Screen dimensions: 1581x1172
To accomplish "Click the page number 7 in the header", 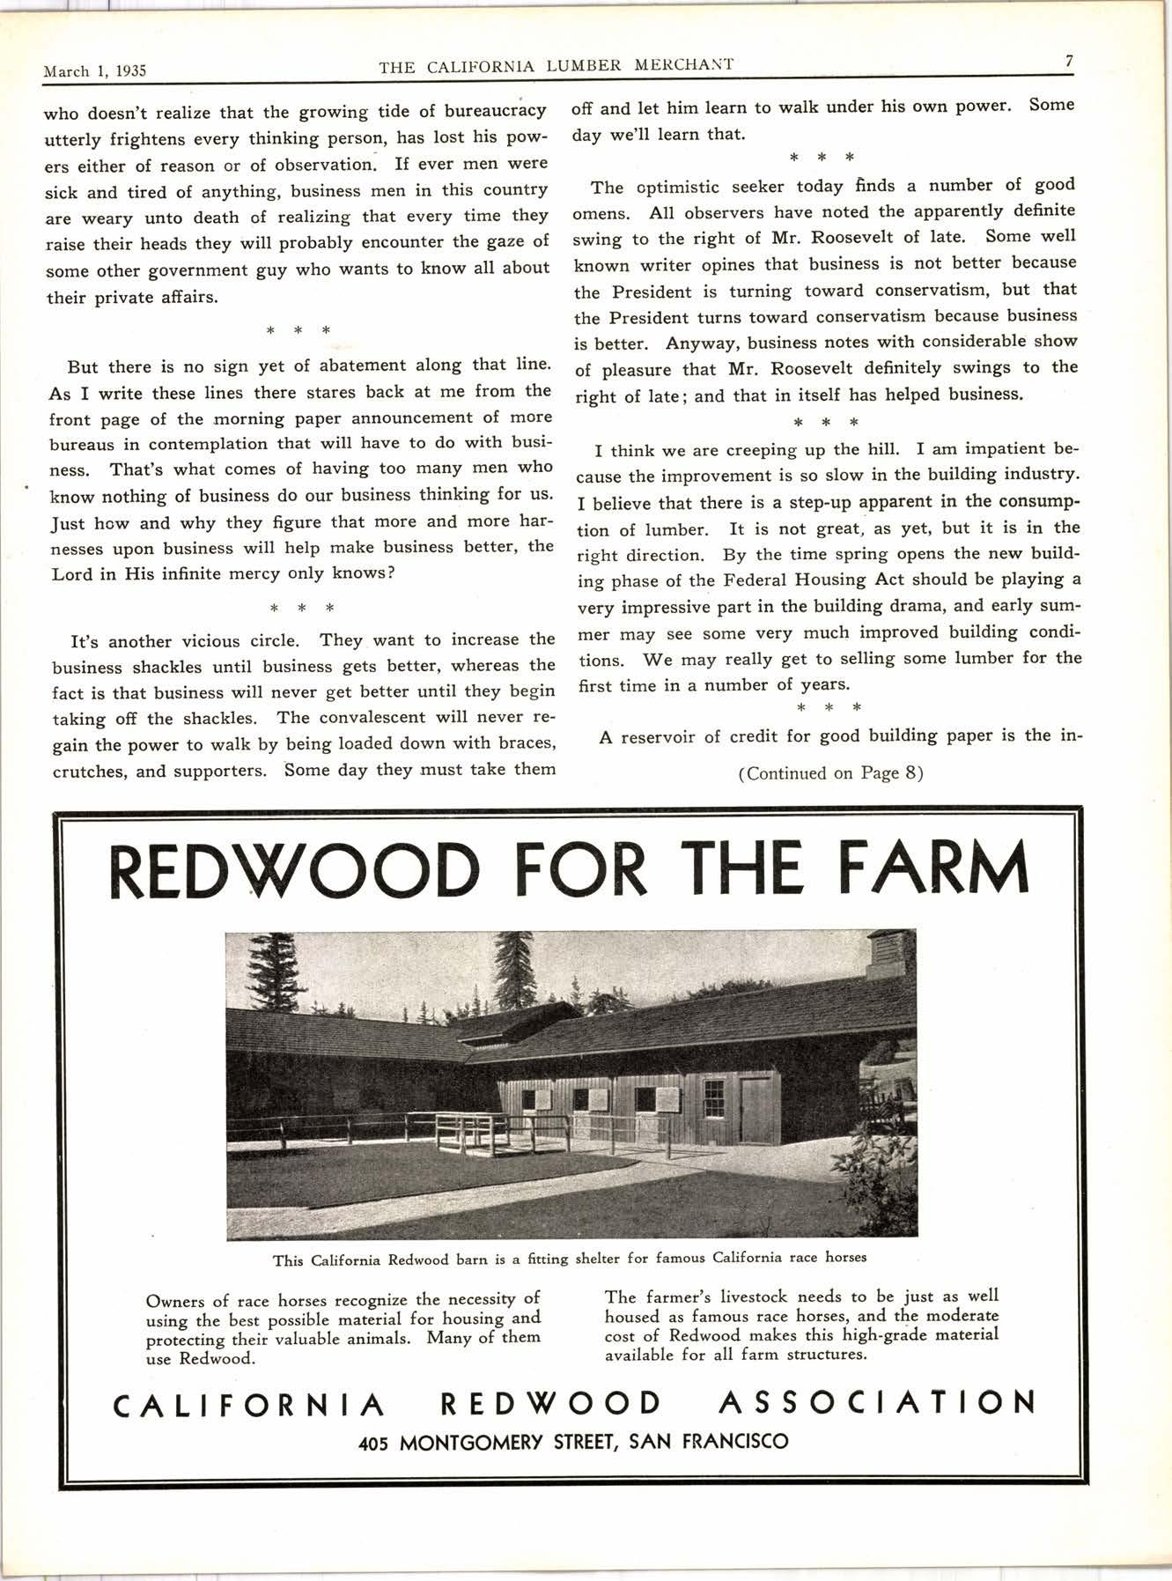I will [1068, 61].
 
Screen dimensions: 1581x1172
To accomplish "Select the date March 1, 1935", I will [94, 71].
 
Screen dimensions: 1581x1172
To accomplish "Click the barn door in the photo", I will [756, 1110].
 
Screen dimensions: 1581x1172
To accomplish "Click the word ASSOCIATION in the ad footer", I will [876, 1401].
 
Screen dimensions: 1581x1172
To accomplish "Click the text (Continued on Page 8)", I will [830, 773].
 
